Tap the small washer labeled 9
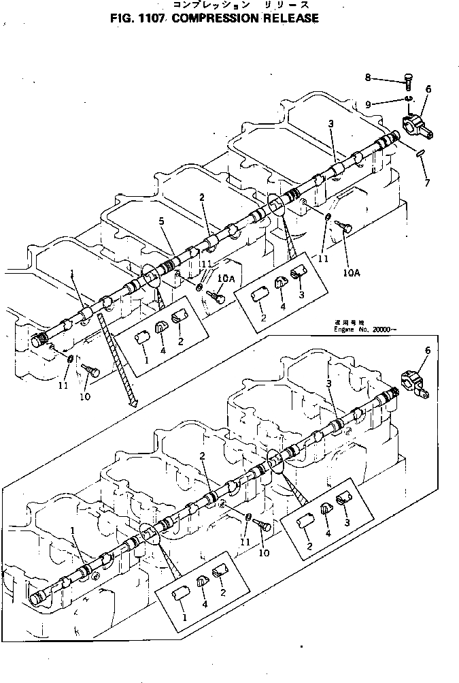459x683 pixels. (407, 100)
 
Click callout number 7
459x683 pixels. (426, 183)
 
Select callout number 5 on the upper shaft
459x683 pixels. (161, 221)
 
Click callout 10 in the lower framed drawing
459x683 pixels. (263, 552)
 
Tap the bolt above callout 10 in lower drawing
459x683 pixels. (263, 526)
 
